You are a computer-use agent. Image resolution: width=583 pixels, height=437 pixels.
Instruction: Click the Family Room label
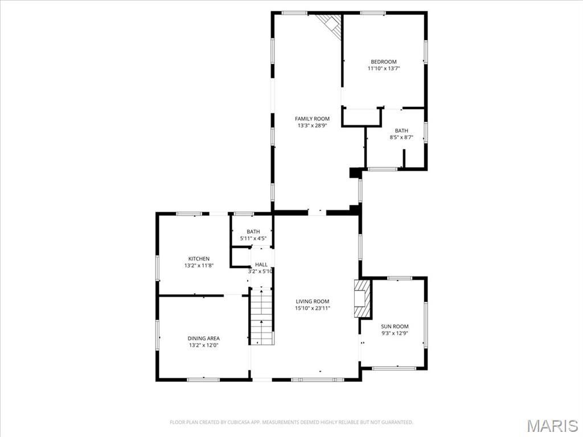[313, 119]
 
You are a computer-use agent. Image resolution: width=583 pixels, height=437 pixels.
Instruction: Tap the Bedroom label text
[384, 61]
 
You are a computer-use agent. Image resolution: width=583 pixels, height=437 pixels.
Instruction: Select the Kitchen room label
[199, 259]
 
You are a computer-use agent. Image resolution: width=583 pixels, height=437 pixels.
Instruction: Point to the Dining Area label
[203, 339]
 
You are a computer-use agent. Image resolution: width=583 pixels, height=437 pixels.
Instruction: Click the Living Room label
[313, 302]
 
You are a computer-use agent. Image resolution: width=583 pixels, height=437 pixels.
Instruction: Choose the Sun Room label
[395, 327]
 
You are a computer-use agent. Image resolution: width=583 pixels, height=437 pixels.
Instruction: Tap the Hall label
[261, 265]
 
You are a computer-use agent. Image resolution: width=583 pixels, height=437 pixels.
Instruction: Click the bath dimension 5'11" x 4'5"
[253, 238]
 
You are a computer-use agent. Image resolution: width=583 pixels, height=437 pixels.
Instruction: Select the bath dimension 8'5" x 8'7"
[401, 138]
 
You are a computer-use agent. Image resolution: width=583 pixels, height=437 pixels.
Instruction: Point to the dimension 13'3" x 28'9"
[313, 126]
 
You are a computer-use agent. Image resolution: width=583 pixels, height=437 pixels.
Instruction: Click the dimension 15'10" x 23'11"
[313, 308]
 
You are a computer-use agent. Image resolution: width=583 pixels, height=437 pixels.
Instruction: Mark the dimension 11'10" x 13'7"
[384, 68]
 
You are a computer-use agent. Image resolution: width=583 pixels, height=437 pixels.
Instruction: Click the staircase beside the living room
[262, 316]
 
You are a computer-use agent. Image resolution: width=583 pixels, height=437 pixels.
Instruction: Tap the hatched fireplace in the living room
[363, 299]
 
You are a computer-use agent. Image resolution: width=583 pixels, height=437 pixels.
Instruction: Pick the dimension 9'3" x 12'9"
[395, 333]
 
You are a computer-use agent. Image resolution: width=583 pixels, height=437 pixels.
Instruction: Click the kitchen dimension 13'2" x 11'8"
[199, 266]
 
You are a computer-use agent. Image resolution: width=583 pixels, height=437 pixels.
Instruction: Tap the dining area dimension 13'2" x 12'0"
[203, 345]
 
